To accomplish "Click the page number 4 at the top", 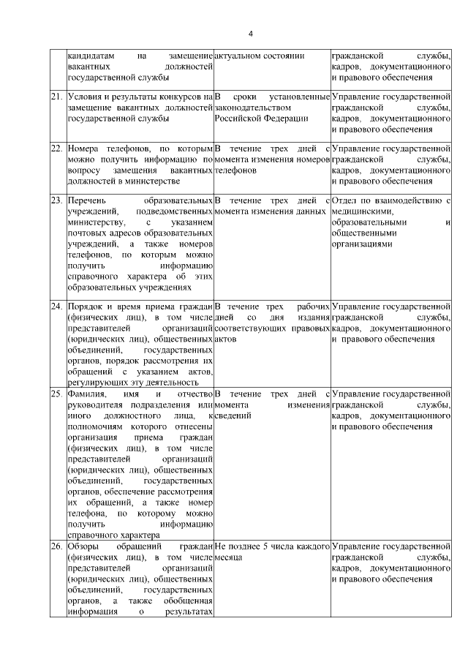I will [251, 34].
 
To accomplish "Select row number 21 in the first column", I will [56, 97].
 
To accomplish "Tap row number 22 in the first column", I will [56, 148].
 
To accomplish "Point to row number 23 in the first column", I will [56, 200].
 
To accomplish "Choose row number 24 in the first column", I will [56, 306].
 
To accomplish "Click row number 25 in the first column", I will [56, 395].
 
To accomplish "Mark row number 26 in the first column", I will [56, 546].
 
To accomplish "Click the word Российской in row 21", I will [239, 118].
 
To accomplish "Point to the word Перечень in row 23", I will [86, 200].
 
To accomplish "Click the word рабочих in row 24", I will [312, 306].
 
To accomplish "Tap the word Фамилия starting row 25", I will [87, 395].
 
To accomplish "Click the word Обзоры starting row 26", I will [83, 546].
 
